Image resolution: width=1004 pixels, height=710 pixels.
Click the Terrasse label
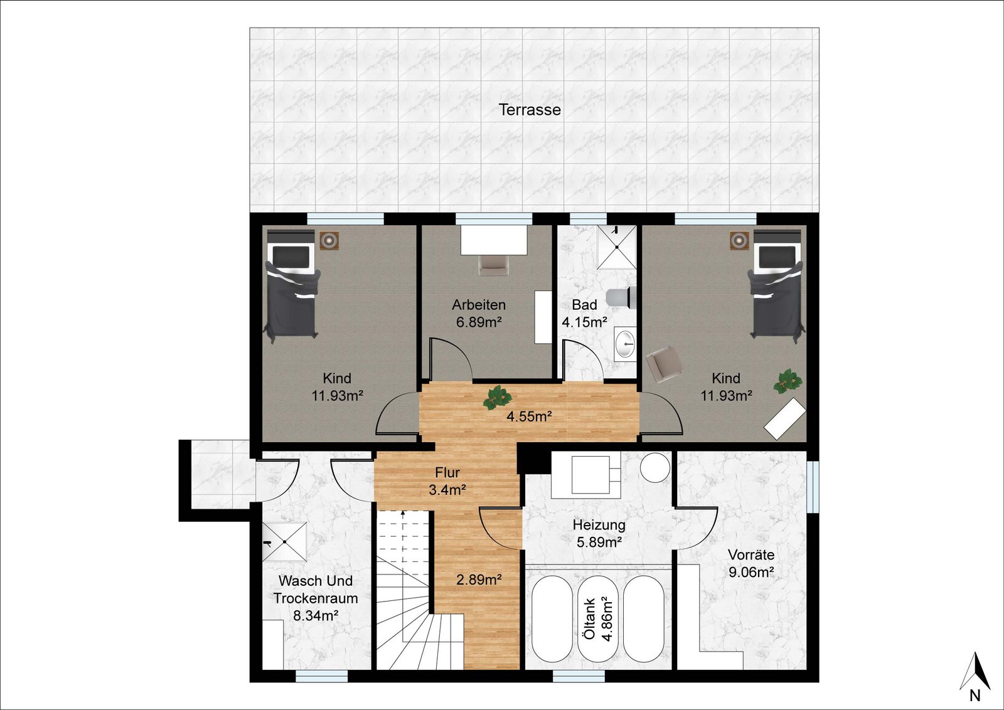[x=530, y=110]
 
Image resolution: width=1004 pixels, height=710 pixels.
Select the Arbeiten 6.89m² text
[x=479, y=314]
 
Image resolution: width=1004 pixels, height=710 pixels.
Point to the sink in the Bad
[x=625, y=344]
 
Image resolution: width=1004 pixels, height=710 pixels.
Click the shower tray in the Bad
[x=617, y=247]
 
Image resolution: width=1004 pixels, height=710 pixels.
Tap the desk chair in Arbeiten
[x=493, y=265]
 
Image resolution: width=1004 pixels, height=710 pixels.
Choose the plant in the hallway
[x=497, y=397]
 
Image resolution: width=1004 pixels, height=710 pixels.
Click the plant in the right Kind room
[x=788, y=381]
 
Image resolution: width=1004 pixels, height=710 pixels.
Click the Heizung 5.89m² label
[x=599, y=534]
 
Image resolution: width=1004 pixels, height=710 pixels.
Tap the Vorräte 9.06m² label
[x=751, y=563]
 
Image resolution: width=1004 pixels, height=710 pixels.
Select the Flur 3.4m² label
[x=447, y=481]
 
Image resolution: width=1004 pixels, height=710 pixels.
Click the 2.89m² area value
[x=479, y=580]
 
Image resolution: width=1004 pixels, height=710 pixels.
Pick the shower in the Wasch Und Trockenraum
[x=285, y=541]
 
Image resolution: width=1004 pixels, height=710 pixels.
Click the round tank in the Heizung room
[x=655, y=467]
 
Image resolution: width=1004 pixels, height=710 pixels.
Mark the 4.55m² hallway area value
[x=529, y=416]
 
